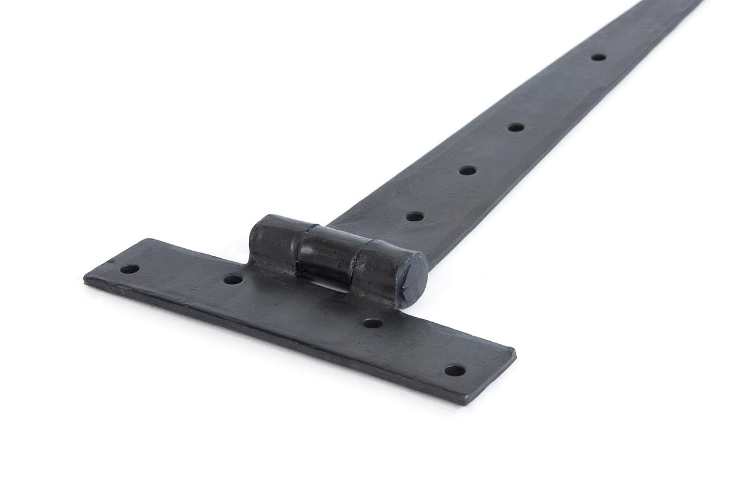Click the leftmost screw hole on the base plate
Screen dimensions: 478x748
[x=129, y=269]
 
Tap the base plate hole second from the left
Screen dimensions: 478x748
[x=232, y=279]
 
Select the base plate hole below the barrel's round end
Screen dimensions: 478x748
[x=372, y=322]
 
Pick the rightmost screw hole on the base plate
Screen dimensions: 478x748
[x=455, y=371]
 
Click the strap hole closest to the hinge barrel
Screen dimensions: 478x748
[x=415, y=216]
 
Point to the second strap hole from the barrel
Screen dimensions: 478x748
[x=467, y=170]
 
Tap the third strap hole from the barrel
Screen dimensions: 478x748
[x=516, y=128]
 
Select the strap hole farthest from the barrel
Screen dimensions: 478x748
[x=598, y=57]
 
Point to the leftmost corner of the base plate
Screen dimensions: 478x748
[x=85, y=278]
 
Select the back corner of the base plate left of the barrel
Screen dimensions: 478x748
[x=148, y=240]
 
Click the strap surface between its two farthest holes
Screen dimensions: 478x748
[x=558, y=92]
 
